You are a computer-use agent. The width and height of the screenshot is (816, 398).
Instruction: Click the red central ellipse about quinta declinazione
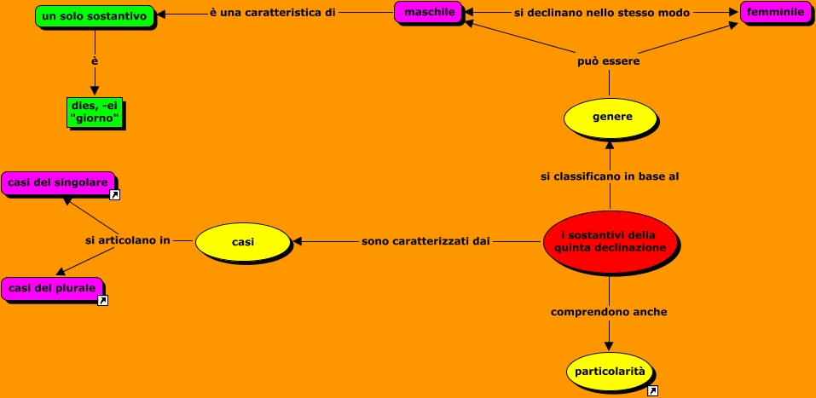click(x=610, y=241)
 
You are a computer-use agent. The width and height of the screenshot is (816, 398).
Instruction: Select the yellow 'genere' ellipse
click(x=610, y=118)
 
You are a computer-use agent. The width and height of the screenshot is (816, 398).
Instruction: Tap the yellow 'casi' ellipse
click(x=243, y=242)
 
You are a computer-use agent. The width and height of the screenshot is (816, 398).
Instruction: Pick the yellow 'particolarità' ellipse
click(x=610, y=372)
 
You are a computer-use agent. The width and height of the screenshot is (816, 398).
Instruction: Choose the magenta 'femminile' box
click(x=775, y=13)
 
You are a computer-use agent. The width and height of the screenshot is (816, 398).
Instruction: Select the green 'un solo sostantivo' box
click(x=94, y=15)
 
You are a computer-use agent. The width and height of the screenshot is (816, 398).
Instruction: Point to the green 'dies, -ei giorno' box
click(x=95, y=112)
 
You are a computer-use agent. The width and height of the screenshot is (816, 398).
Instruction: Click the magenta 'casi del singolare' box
click(x=58, y=182)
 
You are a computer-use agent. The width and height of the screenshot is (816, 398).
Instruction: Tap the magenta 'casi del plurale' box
click(x=52, y=288)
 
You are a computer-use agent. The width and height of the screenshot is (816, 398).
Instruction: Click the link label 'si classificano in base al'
click(x=610, y=176)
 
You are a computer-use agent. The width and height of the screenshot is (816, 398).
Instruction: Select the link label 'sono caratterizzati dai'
click(x=425, y=241)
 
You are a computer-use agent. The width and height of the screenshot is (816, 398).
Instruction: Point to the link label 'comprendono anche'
click(x=609, y=312)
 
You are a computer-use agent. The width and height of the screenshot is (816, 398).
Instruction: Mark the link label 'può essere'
click(x=609, y=61)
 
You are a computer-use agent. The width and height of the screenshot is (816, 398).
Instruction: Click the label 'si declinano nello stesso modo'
click(x=602, y=13)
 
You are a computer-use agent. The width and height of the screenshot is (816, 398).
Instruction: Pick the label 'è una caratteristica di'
click(x=272, y=13)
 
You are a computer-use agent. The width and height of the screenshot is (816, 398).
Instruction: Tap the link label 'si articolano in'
click(x=128, y=241)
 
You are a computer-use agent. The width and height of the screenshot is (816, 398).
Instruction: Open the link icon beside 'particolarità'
click(x=652, y=390)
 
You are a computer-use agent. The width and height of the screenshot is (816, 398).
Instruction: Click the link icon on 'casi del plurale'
click(x=102, y=301)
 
